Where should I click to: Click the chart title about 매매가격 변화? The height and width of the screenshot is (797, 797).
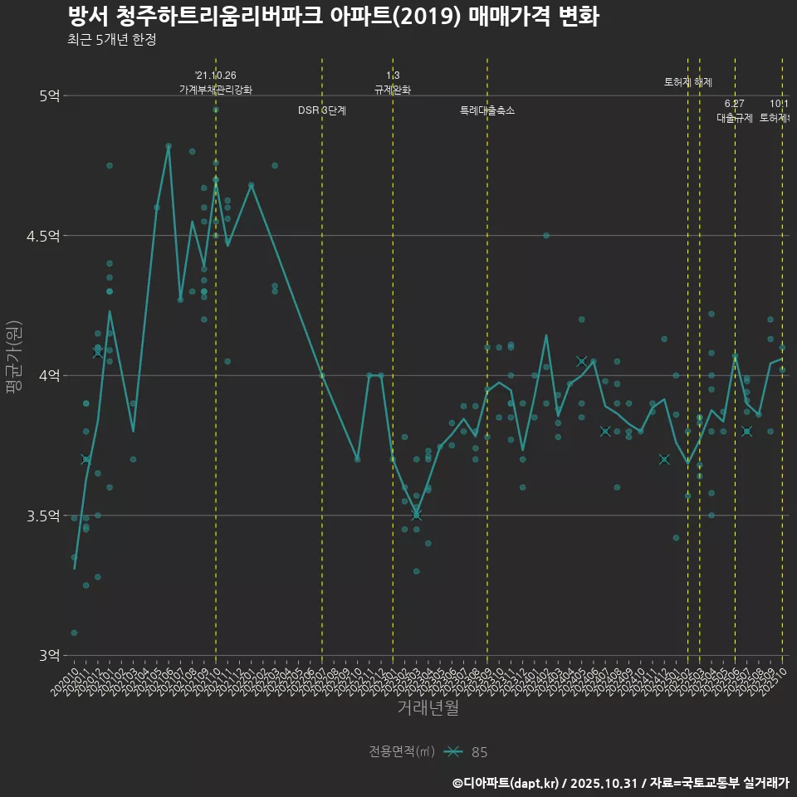(332, 17)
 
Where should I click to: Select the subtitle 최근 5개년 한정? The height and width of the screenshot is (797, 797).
(111, 40)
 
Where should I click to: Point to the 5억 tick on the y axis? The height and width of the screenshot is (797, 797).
(49, 95)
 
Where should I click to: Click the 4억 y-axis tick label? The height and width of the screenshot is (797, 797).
(49, 375)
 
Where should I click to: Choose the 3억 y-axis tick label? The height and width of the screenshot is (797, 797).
(49, 655)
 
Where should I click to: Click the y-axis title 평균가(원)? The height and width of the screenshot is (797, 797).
(15, 358)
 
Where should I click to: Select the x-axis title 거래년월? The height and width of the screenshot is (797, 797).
(428, 707)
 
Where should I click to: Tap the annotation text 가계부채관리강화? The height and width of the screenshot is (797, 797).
(216, 90)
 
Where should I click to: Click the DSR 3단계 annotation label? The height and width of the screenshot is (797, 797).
(322, 110)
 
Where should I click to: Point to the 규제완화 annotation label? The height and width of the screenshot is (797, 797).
(393, 90)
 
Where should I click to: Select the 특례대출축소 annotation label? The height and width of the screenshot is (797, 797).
(487, 110)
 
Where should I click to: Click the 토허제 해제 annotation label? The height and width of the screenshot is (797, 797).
(688, 82)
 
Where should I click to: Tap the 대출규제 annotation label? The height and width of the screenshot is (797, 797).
(735, 118)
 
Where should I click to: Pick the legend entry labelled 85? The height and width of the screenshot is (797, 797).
(479, 752)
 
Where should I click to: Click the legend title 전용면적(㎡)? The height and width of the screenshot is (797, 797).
(402, 751)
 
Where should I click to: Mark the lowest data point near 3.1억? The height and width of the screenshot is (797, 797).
(74, 633)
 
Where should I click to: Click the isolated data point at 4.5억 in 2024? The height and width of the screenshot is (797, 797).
(546, 235)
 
